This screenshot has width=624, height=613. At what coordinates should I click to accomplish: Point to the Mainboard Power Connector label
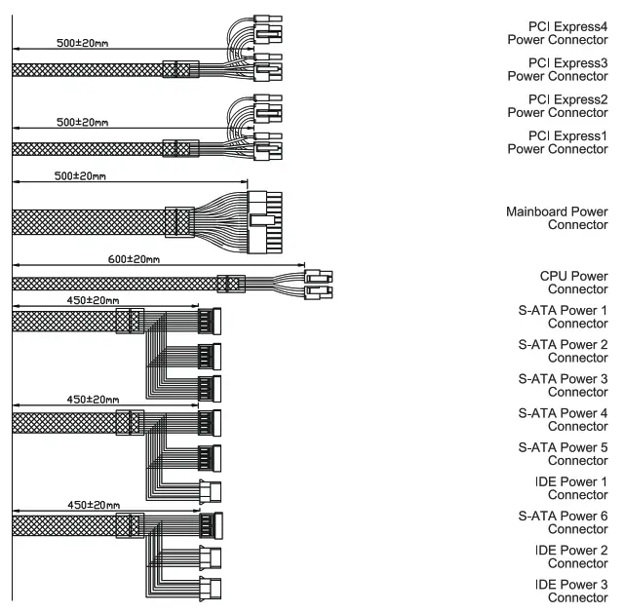tap(558, 218)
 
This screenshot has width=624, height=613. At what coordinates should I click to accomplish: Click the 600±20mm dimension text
tap(133, 259)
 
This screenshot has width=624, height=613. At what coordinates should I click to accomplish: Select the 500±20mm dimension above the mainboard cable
tap(80, 177)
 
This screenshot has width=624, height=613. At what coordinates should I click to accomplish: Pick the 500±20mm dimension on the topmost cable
tap(82, 45)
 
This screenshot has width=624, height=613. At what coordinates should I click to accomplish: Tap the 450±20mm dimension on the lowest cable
tap(94, 505)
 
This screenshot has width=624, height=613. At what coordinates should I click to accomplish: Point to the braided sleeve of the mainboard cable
tap(88, 221)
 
